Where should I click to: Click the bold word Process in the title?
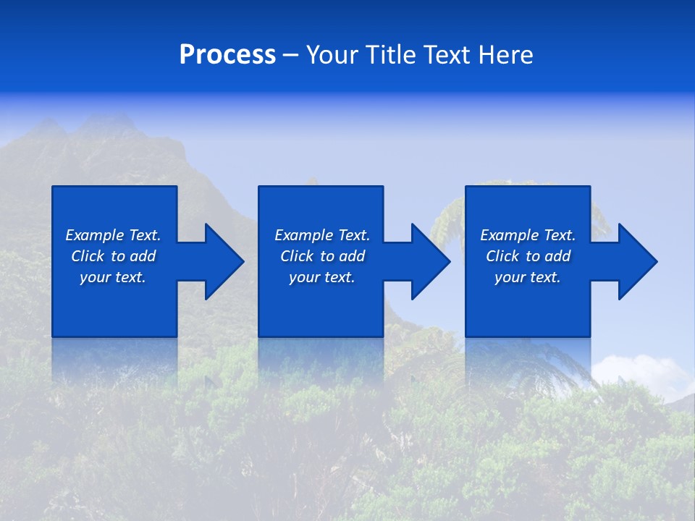pyautogui.click(x=227, y=55)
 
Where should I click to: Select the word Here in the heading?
pyautogui.click(x=505, y=55)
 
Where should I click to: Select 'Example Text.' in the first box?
pyautogui.click(x=113, y=235)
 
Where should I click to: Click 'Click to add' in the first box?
pyautogui.click(x=113, y=256)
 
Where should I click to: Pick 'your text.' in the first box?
pyautogui.click(x=113, y=277)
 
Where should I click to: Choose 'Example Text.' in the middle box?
pyautogui.click(x=322, y=235)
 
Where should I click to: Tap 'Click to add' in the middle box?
pyautogui.click(x=322, y=256)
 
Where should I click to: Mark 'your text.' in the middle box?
pyautogui.click(x=322, y=277)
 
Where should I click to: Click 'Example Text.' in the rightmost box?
pyautogui.click(x=528, y=235)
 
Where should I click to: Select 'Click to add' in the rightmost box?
pyautogui.click(x=528, y=256)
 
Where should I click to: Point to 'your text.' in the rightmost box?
pyautogui.click(x=528, y=277)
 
